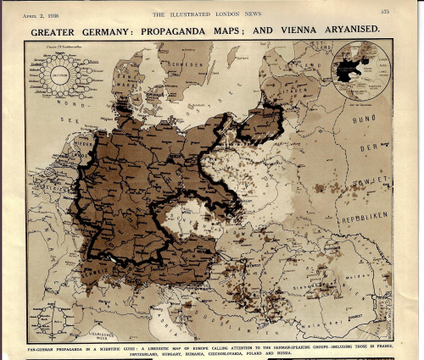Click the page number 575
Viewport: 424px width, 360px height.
[x=384, y=11]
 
